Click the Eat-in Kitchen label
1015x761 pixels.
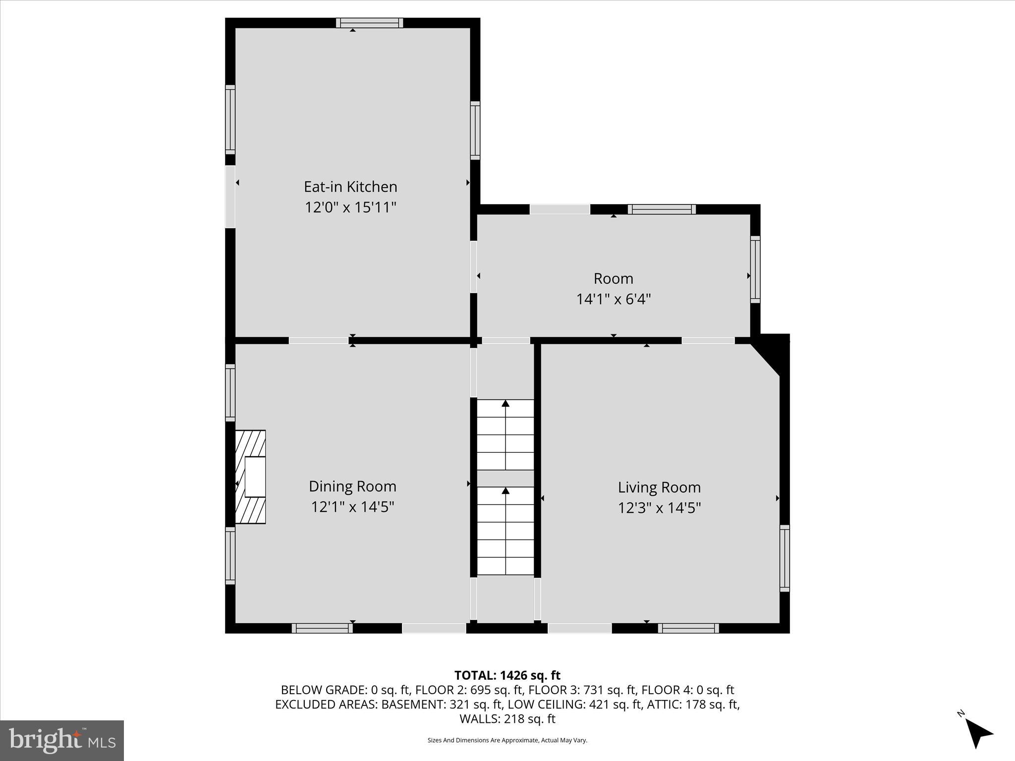point(350,187)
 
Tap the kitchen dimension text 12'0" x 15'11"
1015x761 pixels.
point(350,207)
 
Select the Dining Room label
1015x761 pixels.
point(352,486)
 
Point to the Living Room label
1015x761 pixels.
point(659,487)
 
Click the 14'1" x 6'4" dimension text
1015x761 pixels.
point(613,299)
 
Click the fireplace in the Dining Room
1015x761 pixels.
point(251,477)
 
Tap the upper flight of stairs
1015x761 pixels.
point(505,435)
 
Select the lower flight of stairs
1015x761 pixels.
point(505,531)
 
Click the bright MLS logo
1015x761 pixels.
point(61,740)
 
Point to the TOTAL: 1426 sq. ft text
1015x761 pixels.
point(507,675)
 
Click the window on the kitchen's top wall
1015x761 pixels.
point(369,23)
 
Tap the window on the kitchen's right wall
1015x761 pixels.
point(475,130)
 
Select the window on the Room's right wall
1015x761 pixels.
point(755,269)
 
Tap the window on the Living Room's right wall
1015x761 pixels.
point(784,558)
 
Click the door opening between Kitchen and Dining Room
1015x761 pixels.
point(318,340)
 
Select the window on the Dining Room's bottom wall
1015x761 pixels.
point(322,628)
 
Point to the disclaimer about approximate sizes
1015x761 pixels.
point(507,740)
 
